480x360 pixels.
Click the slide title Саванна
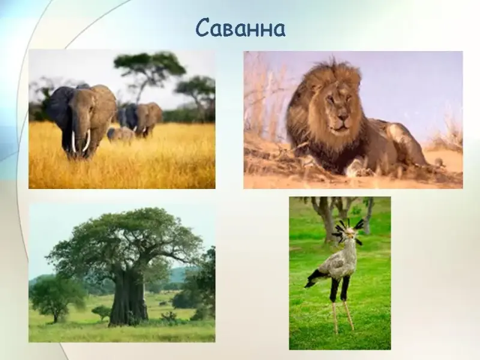[241, 29]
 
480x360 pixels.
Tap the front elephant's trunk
[79, 134]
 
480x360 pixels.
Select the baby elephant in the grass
[121, 135]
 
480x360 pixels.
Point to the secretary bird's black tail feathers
[314, 278]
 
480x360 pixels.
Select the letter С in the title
[203, 29]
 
